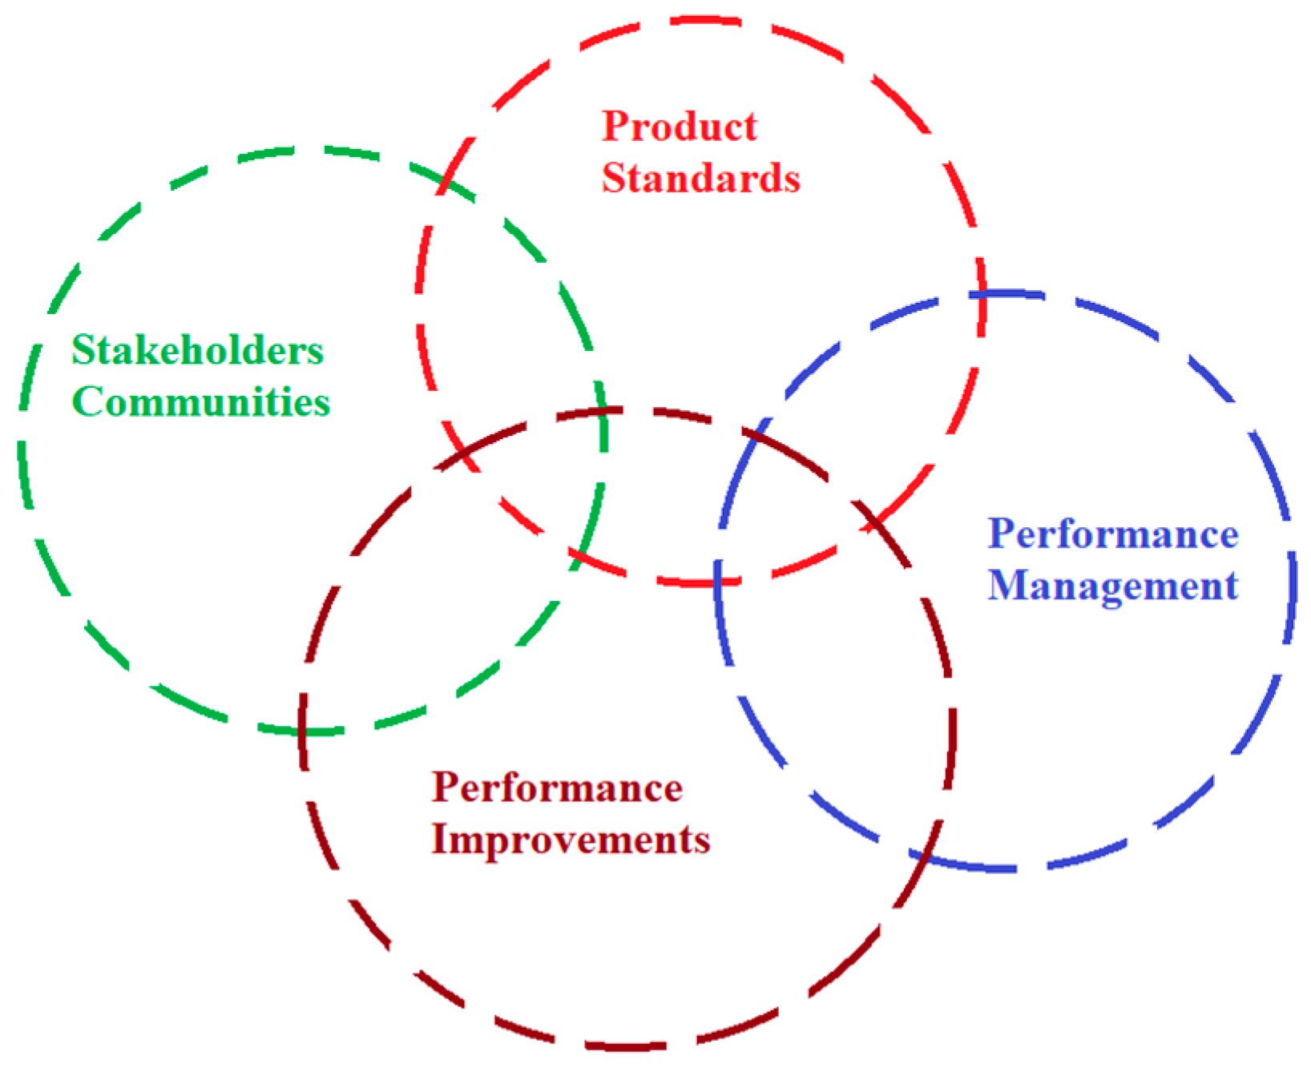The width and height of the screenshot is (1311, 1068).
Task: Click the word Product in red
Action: (x=679, y=127)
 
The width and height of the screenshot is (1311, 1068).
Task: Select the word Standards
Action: (x=700, y=178)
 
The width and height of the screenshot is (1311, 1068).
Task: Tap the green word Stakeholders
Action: (x=197, y=350)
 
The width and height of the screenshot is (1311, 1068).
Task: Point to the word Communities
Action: (x=201, y=401)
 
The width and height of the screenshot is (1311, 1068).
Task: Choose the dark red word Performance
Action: (x=557, y=788)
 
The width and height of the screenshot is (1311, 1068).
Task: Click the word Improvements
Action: (x=571, y=840)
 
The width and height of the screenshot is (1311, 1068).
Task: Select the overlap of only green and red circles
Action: (x=513, y=320)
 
